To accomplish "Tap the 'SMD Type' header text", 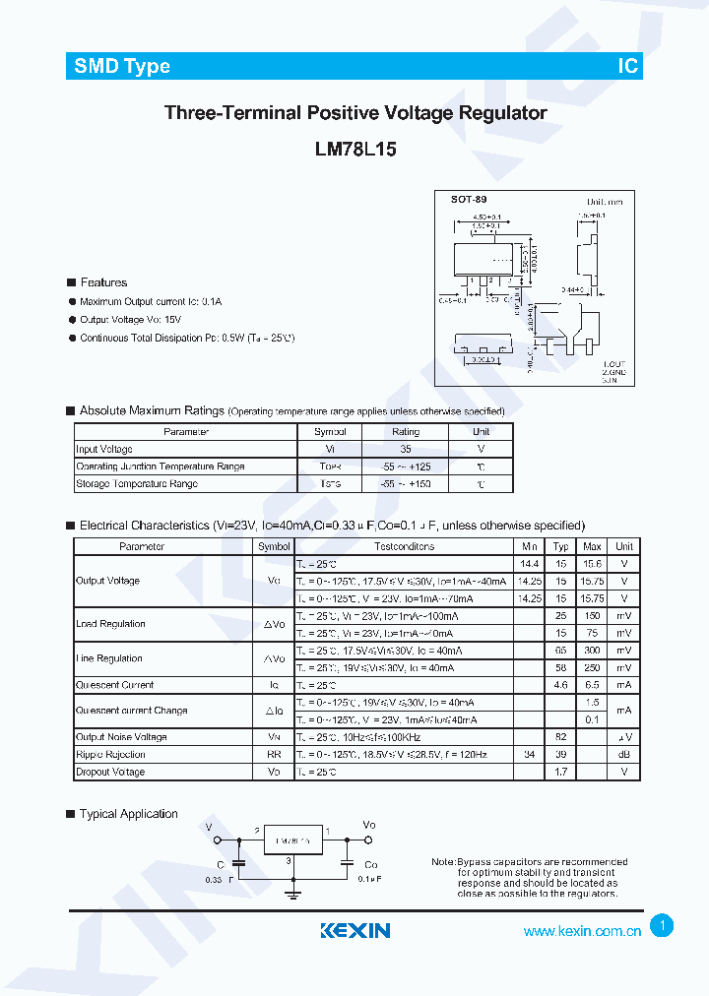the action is (x=122, y=66).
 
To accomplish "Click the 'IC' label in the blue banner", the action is (x=627, y=66).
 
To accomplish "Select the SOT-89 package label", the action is (x=469, y=200).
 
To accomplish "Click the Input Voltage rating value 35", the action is (x=405, y=449).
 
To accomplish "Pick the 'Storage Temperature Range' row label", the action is (x=137, y=484).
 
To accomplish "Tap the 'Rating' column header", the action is (x=405, y=432).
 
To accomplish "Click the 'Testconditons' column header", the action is (x=404, y=546).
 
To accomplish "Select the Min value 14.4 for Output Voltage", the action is (x=530, y=564).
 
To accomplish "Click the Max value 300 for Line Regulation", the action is (x=592, y=651).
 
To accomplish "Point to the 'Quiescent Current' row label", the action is (x=115, y=685).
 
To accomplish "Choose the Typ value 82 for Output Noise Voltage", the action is (x=560, y=737).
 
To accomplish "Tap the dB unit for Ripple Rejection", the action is (x=623, y=755).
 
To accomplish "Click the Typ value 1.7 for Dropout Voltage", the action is (x=560, y=772).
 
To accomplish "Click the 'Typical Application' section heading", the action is (x=128, y=814).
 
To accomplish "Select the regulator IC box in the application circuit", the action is (x=293, y=840).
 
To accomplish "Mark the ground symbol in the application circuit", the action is (x=292, y=893).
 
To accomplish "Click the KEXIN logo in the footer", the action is (x=355, y=930).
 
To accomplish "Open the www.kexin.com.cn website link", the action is (x=582, y=931).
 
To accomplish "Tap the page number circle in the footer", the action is (x=663, y=925).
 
